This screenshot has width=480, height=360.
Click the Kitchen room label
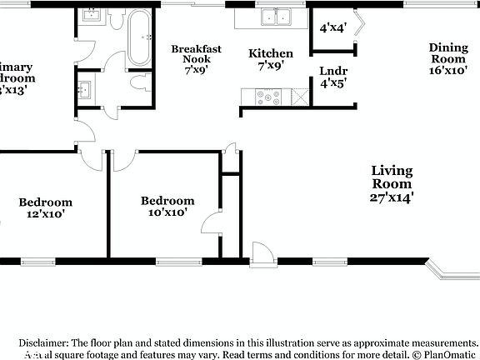[x=271, y=53]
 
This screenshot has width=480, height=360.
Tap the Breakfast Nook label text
[x=197, y=54]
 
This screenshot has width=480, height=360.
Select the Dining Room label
[x=448, y=52]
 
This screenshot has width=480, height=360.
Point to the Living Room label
[x=392, y=177]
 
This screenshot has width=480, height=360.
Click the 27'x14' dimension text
[x=392, y=197]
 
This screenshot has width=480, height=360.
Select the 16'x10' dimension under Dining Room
[x=448, y=72]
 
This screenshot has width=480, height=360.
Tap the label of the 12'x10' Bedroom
[x=46, y=202]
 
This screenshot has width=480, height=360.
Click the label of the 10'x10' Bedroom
[x=167, y=200]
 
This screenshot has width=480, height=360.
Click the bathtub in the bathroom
[x=139, y=37]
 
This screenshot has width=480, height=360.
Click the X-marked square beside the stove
[x=297, y=97]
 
